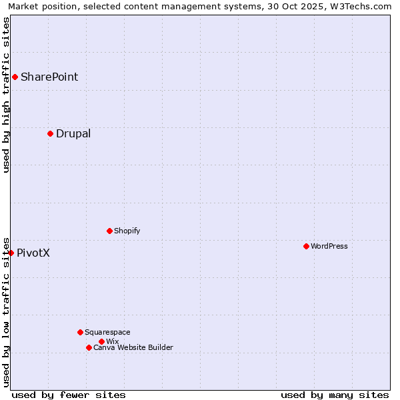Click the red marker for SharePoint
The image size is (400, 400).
pyautogui.click(x=15, y=77)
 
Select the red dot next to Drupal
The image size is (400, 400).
pyautogui.click(x=50, y=133)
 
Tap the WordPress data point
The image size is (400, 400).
pyautogui.click(x=306, y=246)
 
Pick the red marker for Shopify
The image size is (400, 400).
pyautogui.click(x=109, y=231)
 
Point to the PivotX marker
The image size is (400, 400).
pyautogui.click(x=11, y=253)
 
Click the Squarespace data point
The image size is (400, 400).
pyautogui.click(x=80, y=332)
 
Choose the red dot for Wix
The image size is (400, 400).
pyautogui.click(x=101, y=341)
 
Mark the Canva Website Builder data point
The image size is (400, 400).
pyautogui.click(x=89, y=347)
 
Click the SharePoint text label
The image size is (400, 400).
pyautogui.click(x=49, y=77)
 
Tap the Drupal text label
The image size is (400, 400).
pyautogui.click(x=73, y=133)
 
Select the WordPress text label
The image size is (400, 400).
pyautogui.click(x=329, y=246)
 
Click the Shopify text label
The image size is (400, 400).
pyautogui.click(x=127, y=231)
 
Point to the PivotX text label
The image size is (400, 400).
pyautogui.click(x=33, y=253)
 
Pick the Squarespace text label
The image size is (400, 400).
pyautogui.click(x=108, y=332)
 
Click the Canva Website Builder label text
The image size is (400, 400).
pyautogui.click(x=133, y=347)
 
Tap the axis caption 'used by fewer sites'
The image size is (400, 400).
pyautogui.click(x=69, y=395)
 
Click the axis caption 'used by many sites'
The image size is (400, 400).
pyautogui.click(x=335, y=395)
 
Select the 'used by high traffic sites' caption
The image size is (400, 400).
pyautogui.click(x=6, y=95)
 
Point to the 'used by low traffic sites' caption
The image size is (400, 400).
pyautogui.click(x=6, y=311)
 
